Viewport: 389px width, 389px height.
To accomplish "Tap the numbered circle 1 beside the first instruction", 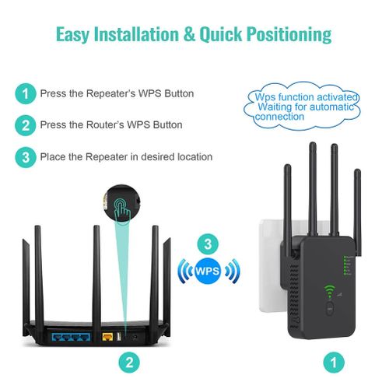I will click(26, 94).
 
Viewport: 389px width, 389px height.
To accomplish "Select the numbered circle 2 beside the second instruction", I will click(26, 124).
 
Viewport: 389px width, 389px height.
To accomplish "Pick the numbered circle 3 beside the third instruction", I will click(26, 156).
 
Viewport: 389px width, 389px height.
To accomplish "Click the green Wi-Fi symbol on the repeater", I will click(329, 293).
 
